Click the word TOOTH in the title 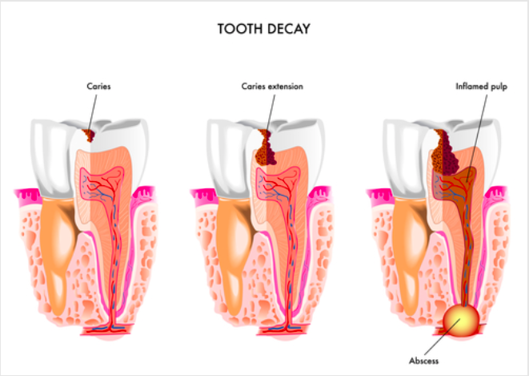click(238, 29)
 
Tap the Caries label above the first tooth click(98, 87)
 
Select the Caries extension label click(272, 87)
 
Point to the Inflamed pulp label click(482, 87)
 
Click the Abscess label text click(423, 361)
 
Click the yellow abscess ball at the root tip click(461, 320)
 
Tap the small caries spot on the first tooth click(90, 135)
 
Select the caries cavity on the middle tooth click(266, 148)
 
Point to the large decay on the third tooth click(445, 152)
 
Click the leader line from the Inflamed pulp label click(477, 139)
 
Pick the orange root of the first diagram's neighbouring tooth click(58, 250)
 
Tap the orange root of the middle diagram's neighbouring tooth click(234, 250)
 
